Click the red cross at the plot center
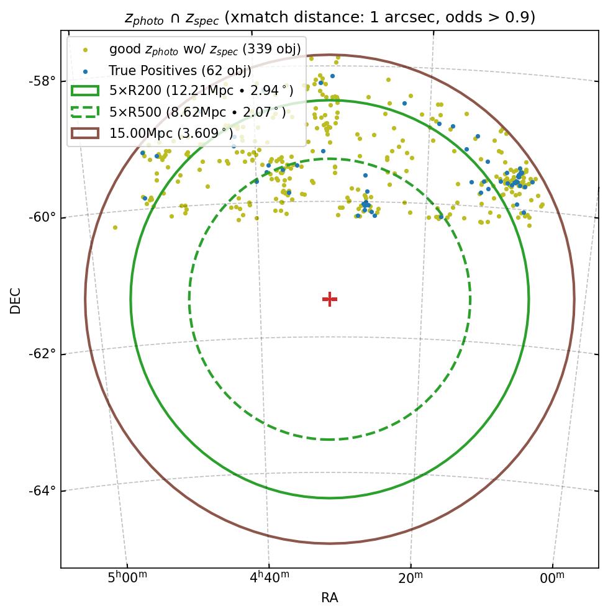coord(330,299)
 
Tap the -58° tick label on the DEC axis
coord(42,81)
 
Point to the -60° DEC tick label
coord(42,217)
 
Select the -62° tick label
coord(42,353)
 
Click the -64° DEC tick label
coord(42,490)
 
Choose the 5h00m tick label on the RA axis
coord(127,578)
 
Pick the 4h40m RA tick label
coord(270,578)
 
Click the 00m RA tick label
coord(552,578)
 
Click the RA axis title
coord(330,598)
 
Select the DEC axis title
coord(16,300)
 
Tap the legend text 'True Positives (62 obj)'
coord(180,70)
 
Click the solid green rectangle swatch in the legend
coord(85,91)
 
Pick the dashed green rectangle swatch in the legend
coord(85,112)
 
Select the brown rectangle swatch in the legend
coord(85,133)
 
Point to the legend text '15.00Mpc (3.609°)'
coord(171,133)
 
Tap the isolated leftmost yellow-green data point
coord(115,227)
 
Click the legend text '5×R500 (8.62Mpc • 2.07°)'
coord(197,112)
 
